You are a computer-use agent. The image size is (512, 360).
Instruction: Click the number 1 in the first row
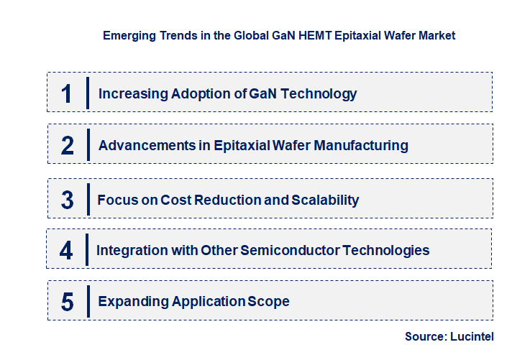[x=67, y=93]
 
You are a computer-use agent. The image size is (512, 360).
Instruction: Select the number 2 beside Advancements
[x=68, y=145]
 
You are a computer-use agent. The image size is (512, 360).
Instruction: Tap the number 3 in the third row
[x=68, y=200]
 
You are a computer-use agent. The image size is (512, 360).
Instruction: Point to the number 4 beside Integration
[x=67, y=251]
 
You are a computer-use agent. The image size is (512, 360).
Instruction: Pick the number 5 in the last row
[x=68, y=302]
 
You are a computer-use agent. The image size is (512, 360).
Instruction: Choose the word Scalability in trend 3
[x=325, y=200]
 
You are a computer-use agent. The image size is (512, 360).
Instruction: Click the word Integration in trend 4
[x=129, y=251]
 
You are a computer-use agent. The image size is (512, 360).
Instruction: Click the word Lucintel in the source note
[x=475, y=336]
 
